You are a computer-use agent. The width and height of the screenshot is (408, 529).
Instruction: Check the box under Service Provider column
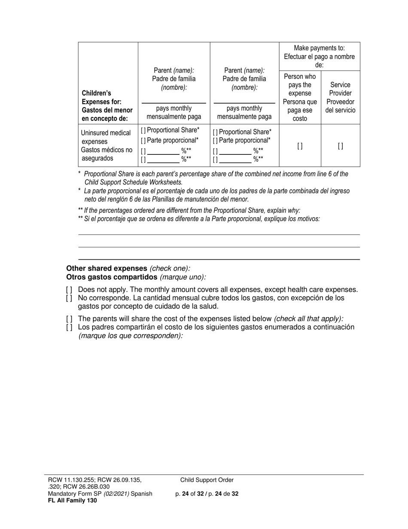point(340,146)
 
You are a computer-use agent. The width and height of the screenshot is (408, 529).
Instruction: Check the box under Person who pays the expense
point(300,146)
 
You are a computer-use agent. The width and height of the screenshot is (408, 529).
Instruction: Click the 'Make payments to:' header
point(319,48)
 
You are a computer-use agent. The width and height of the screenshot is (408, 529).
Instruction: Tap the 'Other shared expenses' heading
point(107,268)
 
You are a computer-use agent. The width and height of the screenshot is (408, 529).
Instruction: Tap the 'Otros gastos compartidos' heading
point(112,277)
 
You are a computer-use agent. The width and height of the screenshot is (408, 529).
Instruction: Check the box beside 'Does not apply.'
point(69,290)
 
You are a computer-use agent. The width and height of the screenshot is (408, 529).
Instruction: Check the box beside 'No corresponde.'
point(69,298)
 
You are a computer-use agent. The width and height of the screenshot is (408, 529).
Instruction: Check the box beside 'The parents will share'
point(69,319)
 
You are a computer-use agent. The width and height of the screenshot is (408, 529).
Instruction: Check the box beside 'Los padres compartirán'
point(69,327)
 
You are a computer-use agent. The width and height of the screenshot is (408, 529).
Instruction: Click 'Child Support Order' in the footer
point(207,480)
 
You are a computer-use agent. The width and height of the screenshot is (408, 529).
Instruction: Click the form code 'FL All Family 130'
point(72,500)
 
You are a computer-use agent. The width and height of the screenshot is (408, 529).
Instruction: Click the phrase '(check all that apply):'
point(308,319)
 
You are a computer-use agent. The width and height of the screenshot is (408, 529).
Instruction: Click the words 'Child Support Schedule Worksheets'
point(133,182)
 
